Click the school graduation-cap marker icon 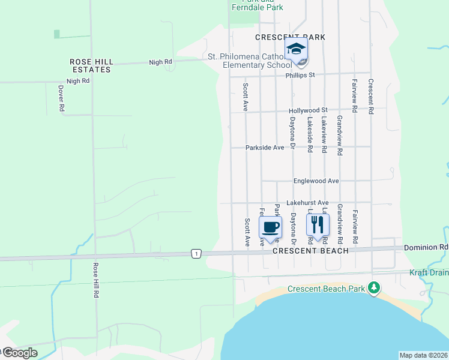click(295, 49)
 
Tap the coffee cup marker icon click(270, 227)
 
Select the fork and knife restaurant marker click(318, 224)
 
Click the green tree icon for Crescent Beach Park click(374, 288)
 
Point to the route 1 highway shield click(196, 254)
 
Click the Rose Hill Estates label click(91, 65)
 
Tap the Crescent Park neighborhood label click(290, 37)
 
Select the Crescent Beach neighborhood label click(310, 251)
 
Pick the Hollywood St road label click(308, 110)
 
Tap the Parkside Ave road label click(265, 147)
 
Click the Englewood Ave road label click(316, 181)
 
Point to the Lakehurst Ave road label click(307, 203)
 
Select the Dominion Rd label click(426, 247)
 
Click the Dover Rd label click(61, 98)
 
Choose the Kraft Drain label click(429, 273)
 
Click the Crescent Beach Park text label click(327, 289)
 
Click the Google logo click(19, 353)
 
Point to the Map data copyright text click(423, 355)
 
